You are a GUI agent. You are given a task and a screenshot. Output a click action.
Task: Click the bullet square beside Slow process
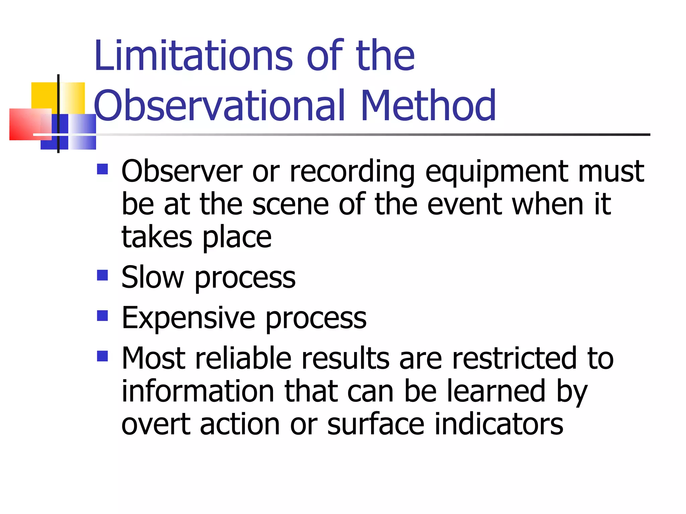102,276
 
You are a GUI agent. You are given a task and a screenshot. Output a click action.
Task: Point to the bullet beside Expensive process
102,316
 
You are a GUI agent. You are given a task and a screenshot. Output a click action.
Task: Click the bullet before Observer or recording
102,169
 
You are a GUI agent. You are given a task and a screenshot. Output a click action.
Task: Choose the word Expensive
188,318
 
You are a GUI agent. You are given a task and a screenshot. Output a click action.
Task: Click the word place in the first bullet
237,238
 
